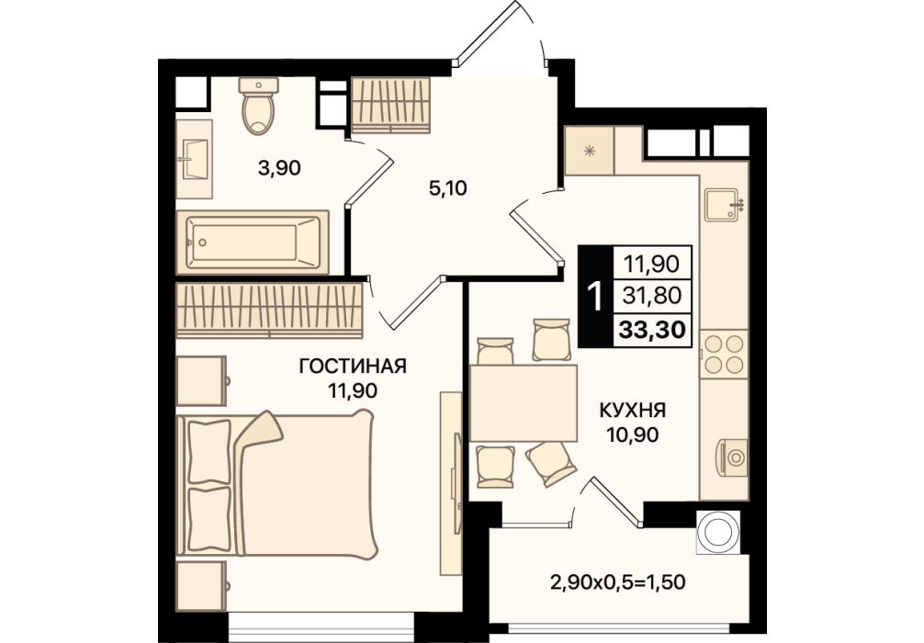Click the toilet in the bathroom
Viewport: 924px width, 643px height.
258,106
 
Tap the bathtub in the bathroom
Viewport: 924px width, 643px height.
253,242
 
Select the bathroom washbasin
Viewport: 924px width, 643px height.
195,159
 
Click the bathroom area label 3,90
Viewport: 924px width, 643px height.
279,169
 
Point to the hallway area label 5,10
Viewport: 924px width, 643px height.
448,188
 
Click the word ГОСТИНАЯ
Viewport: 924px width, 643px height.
353,366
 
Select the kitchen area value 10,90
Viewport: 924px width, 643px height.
632,435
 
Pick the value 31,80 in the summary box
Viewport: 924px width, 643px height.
652,295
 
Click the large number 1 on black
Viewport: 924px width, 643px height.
596,296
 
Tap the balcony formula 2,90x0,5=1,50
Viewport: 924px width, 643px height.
618,583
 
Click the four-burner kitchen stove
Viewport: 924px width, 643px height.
725,355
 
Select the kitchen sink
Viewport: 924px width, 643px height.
722,205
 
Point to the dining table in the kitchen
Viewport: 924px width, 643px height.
524,402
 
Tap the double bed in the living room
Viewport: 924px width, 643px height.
276,484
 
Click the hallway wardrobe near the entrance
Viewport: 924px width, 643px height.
391,105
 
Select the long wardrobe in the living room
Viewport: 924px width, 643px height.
270,310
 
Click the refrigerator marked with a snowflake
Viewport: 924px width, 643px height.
590,151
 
